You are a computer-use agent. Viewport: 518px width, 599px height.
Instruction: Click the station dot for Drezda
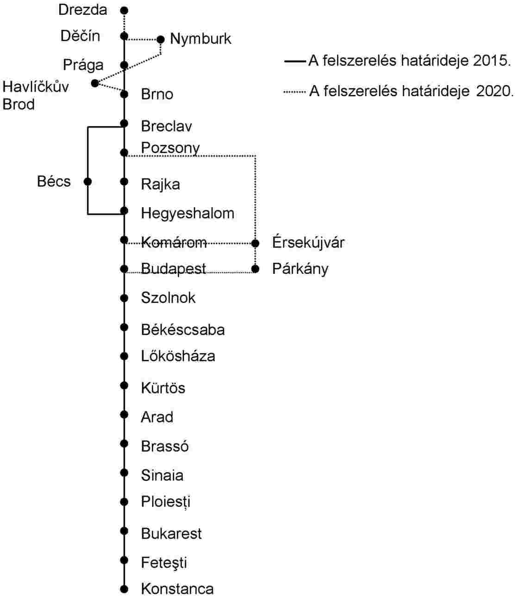pyautogui.click(x=124, y=11)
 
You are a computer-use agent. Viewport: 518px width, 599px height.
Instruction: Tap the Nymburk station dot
pyautogui.click(x=160, y=39)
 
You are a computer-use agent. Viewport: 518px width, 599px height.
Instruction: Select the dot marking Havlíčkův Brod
pyautogui.click(x=95, y=83)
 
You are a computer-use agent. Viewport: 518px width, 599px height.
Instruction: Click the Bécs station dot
pyautogui.click(x=87, y=182)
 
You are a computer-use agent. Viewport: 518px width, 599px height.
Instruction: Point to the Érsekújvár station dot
pyautogui.click(x=255, y=243)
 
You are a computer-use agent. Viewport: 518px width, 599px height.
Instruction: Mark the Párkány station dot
pyautogui.click(x=255, y=269)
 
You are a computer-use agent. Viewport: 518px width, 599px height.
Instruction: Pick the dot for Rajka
pyautogui.click(x=124, y=182)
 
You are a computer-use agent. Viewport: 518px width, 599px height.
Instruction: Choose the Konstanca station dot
pyautogui.click(x=124, y=589)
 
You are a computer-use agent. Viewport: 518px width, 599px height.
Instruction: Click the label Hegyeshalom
pyautogui.click(x=187, y=214)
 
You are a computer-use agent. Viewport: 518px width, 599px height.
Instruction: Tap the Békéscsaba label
pyautogui.click(x=183, y=330)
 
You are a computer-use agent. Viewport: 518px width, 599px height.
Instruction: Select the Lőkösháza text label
pyautogui.click(x=178, y=356)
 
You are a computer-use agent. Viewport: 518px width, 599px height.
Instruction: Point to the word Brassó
pyautogui.click(x=165, y=446)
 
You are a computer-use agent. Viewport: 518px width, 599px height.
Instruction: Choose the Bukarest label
pyautogui.click(x=171, y=533)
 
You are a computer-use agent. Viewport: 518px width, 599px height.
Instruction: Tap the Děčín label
pyautogui.click(x=81, y=36)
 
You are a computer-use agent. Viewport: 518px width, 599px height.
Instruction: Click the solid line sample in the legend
pyautogui.click(x=295, y=62)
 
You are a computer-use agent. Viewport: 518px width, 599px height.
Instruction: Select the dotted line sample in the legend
pyautogui.click(x=295, y=92)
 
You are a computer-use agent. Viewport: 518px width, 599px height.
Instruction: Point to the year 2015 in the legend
pyautogui.click(x=492, y=61)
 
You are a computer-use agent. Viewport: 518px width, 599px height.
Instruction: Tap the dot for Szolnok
pyautogui.click(x=124, y=298)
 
